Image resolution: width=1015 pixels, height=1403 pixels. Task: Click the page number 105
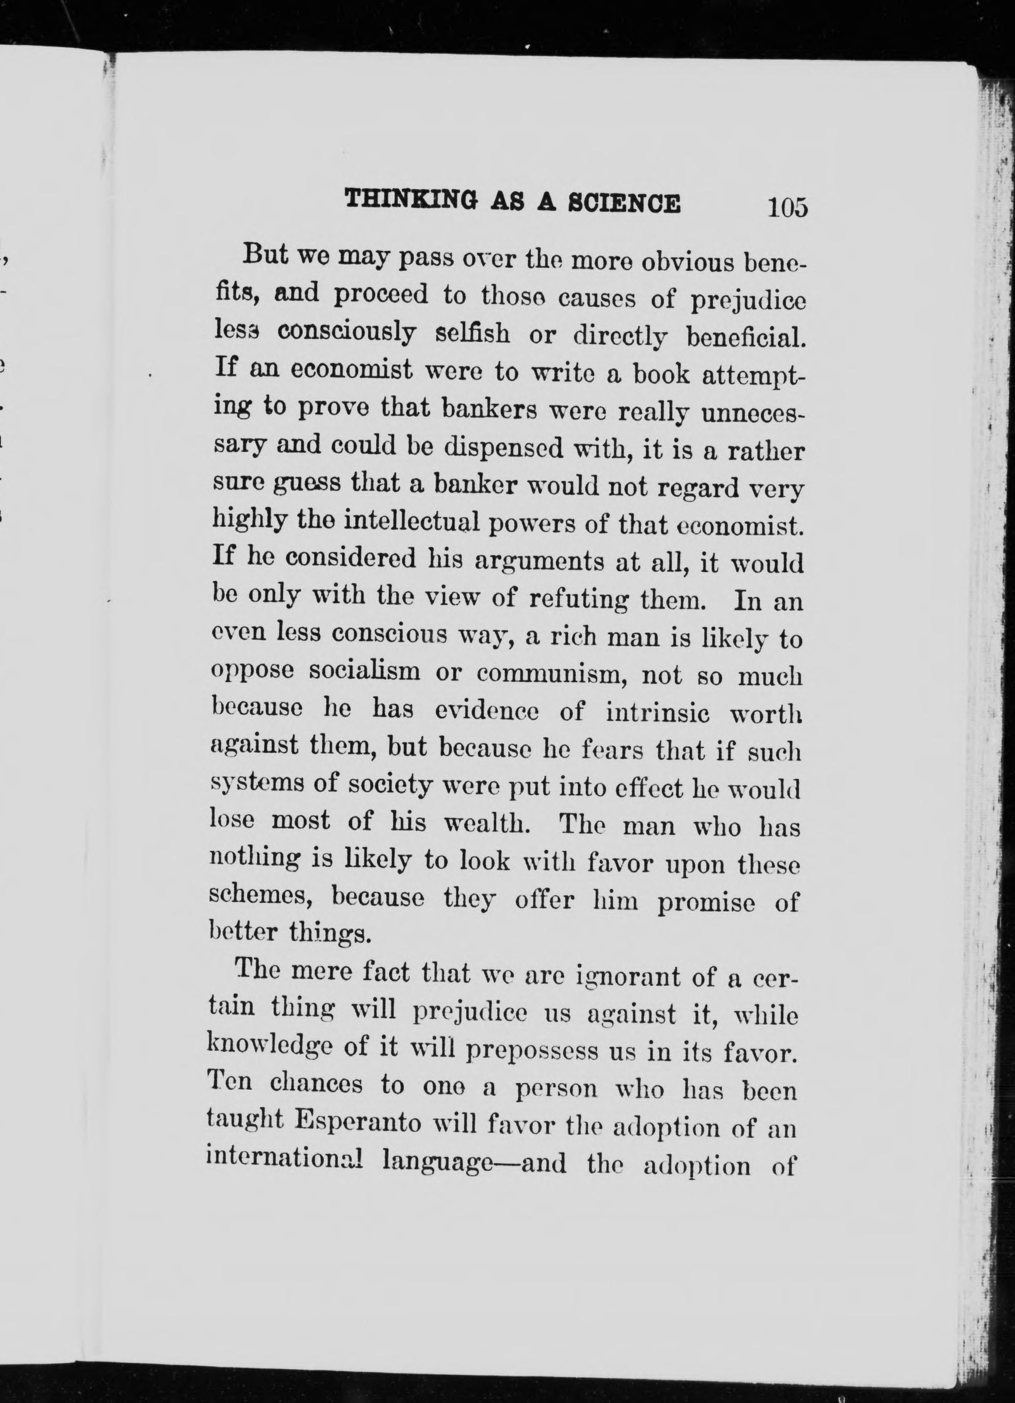787,207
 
